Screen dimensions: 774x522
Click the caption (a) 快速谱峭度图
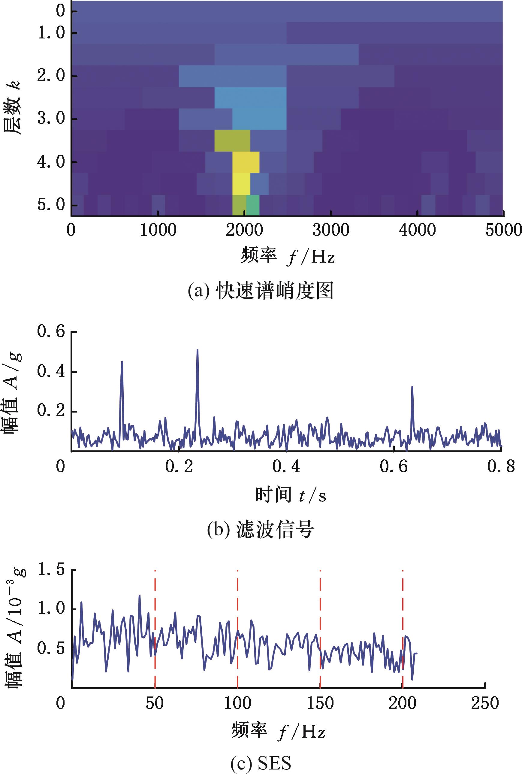coord(261,291)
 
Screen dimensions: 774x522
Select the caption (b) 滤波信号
coord(261,529)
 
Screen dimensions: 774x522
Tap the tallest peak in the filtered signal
coord(197,350)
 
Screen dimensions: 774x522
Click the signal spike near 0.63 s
coord(412,387)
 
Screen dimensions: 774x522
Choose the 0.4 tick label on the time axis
coord(286,467)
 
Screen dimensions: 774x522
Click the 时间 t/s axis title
coord(290,495)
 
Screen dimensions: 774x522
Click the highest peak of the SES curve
coord(139,595)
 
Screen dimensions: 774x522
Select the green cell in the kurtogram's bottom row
coord(252,205)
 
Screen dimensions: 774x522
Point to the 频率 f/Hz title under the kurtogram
coord(288,256)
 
